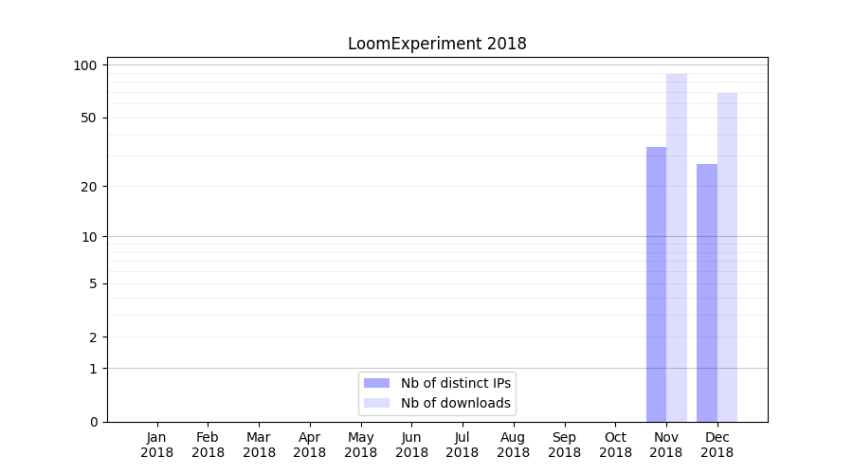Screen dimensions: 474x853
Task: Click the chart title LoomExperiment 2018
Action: pos(437,44)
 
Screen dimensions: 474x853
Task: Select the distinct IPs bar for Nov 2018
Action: pos(656,284)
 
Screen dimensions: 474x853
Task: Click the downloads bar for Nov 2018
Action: pos(677,246)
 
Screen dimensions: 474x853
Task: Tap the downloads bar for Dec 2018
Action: pos(727,256)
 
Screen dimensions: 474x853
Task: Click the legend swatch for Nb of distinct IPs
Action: pos(376,383)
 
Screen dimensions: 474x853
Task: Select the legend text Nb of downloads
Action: pos(456,403)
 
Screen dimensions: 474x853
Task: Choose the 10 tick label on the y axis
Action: pos(89,237)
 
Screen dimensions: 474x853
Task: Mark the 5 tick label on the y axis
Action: pos(93,283)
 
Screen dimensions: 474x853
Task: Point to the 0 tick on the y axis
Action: pos(93,422)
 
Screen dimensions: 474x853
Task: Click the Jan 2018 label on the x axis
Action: pos(157,445)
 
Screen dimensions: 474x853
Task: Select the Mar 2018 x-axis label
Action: pos(259,445)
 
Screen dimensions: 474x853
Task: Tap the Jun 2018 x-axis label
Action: pos(411,445)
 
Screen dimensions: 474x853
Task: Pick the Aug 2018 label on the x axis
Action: pos(513,445)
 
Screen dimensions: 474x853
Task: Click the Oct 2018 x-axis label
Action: pos(615,445)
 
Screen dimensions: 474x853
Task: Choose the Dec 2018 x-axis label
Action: pos(717,445)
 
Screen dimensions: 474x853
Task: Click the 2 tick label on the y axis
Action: pos(93,337)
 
